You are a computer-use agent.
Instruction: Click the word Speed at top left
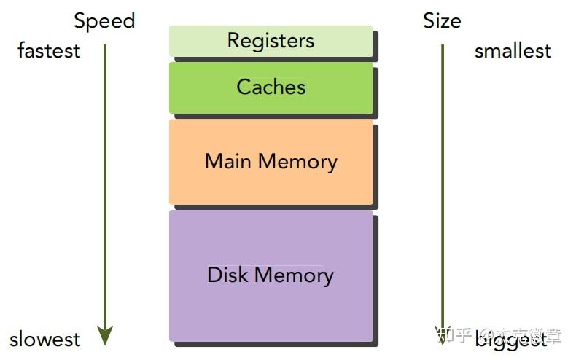pyautogui.click(x=104, y=20)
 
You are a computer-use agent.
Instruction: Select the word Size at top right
pyautogui.click(x=442, y=20)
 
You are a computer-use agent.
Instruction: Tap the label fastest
pyautogui.click(x=49, y=51)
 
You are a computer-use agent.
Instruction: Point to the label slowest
pyautogui.click(x=45, y=339)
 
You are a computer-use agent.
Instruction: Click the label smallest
pyautogui.click(x=513, y=51)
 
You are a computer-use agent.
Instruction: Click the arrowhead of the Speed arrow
pyautogui.click(x=105, y=335)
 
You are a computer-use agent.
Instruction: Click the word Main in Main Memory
pyautogui.click(x=227, y=161)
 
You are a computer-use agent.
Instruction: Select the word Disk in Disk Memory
pyautogui.click(x=228, y=275)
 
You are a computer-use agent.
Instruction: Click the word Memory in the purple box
pyautogui.click(x=294, y=275)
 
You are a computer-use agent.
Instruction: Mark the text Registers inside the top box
pyautogui.click(x=271, y=40)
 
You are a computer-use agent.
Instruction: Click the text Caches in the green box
pyautogui.click(x=271, y=87)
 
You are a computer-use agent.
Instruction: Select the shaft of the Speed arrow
pyautogui.click(x=105, y=182)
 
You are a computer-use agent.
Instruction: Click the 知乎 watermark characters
pyautogui.click(x=453, y=337)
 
